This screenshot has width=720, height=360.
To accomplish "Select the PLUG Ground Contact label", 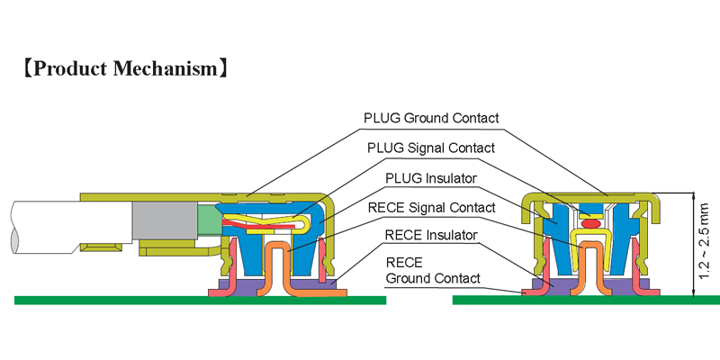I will point(430,118).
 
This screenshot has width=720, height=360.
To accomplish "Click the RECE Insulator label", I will point(429,236).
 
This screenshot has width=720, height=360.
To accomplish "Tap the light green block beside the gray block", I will point(208,220).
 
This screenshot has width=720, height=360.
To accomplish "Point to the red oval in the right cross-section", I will point(590,222).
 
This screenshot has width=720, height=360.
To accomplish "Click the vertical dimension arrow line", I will point(693,243).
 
